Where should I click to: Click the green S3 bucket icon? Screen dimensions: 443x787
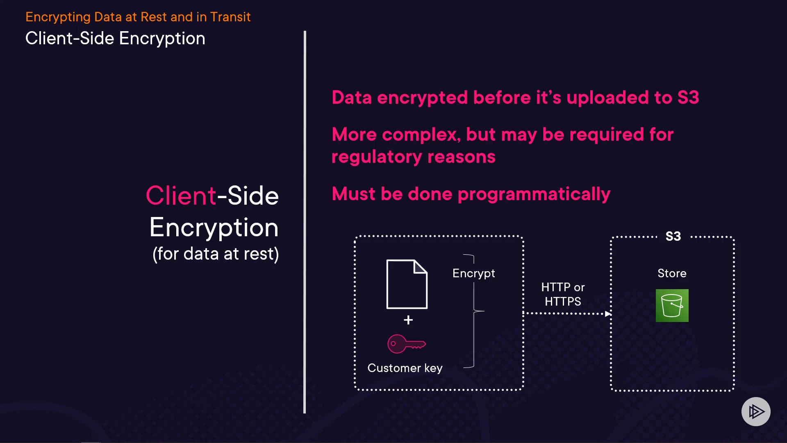672,306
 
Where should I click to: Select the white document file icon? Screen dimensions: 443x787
407,284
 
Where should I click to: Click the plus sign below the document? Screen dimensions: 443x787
408,320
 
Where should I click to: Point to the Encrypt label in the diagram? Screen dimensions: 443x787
473,273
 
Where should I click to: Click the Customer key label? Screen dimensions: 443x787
405,368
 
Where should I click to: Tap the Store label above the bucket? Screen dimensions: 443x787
672,273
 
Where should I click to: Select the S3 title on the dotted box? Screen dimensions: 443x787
673,236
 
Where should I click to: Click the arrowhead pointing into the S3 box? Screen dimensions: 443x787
608,314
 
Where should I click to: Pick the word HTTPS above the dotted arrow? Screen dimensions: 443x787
563,301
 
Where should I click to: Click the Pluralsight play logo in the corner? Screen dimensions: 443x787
756,411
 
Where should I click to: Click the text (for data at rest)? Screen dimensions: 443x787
216,254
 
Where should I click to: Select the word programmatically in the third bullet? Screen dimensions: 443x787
534,194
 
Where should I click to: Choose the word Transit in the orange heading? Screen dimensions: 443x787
230,17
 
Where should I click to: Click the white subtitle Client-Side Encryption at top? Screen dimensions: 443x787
115,39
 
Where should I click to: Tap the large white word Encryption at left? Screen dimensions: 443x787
214,228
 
